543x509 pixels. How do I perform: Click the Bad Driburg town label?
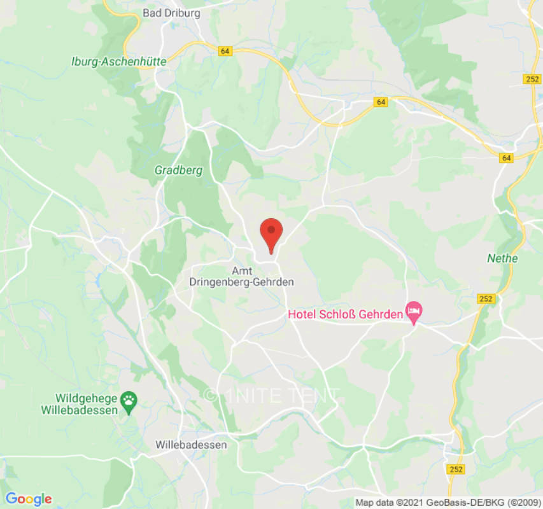(x=171, y=13)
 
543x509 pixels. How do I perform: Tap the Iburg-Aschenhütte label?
(x=118, y=62)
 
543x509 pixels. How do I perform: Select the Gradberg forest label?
(x=178, y=171)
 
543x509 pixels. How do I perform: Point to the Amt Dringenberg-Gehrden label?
(x=242, y=276)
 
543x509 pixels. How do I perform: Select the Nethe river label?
(x=502, y=258)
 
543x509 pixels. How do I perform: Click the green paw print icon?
(x=130, y=401)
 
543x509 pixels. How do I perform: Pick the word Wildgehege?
(x=84, y=398)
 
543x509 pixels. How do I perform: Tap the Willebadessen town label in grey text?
(x=191, y=445)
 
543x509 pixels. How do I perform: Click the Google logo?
(x=28, y=499)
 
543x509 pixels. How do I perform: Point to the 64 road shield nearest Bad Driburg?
(x=224, y=52)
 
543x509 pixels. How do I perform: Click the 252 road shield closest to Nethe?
(x=485, y=298)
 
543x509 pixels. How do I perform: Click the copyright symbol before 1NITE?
(x=209, y=396)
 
